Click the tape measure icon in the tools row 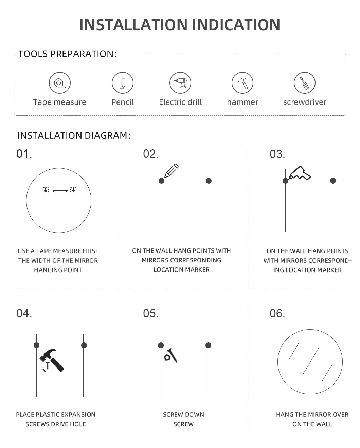point(60,83)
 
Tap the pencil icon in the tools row point(123,83)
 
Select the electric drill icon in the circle point(180,83)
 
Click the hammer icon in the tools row point(242,83)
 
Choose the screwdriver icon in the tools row point(305,83)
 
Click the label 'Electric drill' point(180,102)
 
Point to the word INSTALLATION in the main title point(133,25)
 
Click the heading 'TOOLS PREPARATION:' point(67,54)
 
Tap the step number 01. point(24,154)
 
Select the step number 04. point(24,313)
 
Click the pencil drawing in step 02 point(171,171)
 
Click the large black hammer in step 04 point(52,359)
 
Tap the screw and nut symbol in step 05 point(171,356)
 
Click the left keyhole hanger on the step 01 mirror point(46,190)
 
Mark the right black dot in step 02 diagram point(209,181)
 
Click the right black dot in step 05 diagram point(208,346)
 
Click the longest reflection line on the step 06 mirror point(311,361)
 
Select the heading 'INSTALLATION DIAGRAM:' point(74,136)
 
